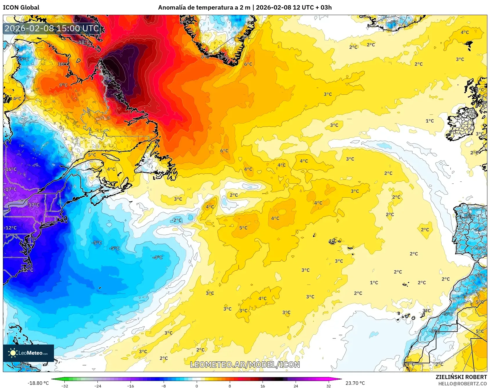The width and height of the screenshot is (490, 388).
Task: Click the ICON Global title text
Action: point(21,8)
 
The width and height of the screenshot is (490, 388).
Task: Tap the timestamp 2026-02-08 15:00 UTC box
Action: point(52,28)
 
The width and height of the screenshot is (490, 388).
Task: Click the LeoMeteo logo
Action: point(28,353)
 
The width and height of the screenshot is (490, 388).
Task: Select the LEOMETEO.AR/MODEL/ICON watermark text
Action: point(245,365)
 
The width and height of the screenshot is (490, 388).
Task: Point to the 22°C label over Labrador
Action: point(109,78)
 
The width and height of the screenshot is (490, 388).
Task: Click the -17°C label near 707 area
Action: point(34,205)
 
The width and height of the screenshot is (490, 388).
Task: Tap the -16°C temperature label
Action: point(11,169)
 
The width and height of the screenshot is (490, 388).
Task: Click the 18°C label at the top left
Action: point(84,42)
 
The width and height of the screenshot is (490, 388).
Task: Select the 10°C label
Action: point(63,64)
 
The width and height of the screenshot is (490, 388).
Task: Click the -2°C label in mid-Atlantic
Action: point(176,220)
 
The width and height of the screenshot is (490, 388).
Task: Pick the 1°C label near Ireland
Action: point(430,121)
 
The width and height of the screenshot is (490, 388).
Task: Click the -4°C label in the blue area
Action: point(158,257)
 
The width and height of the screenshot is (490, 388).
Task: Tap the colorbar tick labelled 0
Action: point(197,386)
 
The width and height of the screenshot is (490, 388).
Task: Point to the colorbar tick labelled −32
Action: point(65,386)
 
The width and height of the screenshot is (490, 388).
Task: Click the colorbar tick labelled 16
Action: point(263,386)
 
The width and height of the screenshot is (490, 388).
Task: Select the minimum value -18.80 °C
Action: point(38,383)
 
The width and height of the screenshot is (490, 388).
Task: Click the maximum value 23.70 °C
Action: point(355,383)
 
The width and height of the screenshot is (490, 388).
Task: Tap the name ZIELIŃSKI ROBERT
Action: point(461,377)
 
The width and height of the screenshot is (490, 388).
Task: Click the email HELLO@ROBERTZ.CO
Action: point(462,384)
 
